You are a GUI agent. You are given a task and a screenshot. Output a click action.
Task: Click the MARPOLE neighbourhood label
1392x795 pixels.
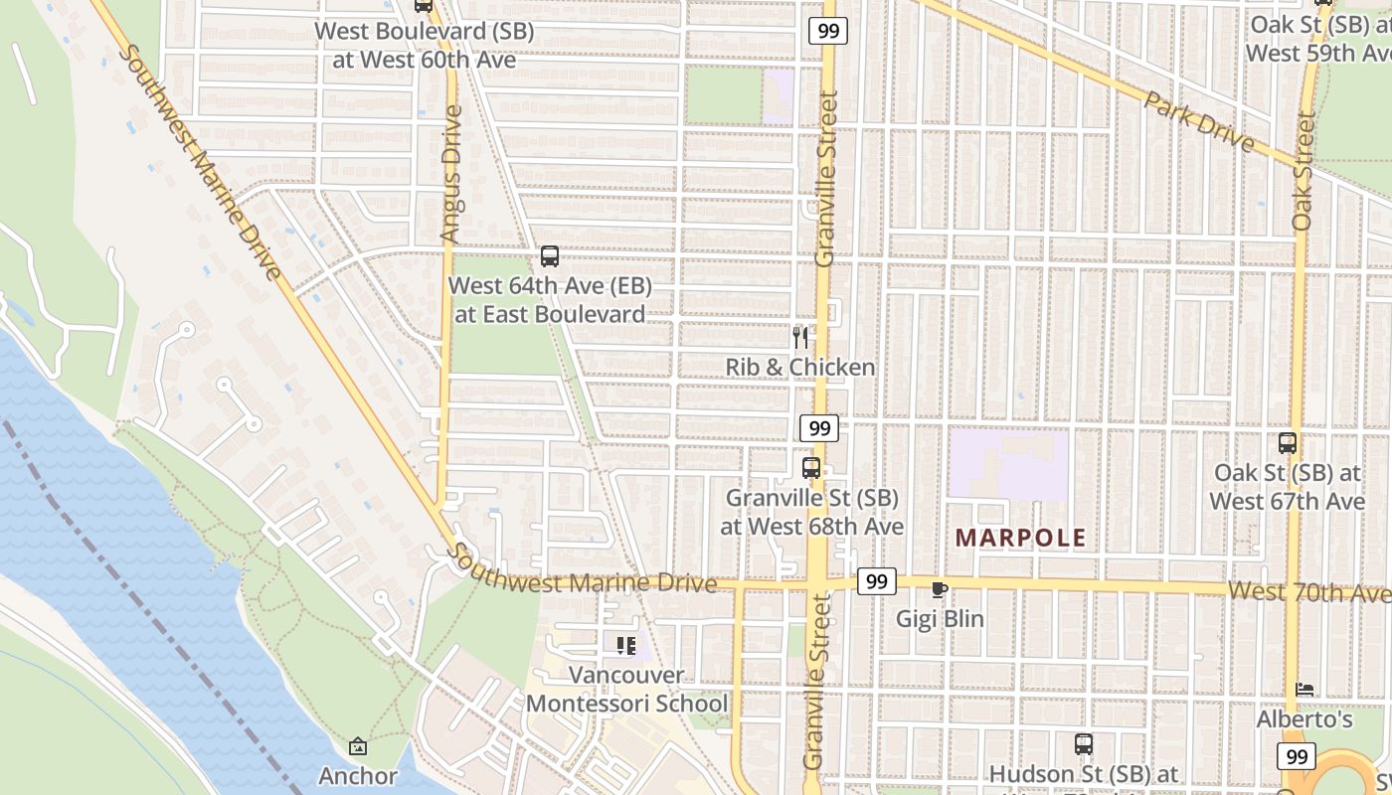[x=1020, y=539]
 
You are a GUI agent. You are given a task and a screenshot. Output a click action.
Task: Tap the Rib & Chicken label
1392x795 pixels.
[x=799, y=368]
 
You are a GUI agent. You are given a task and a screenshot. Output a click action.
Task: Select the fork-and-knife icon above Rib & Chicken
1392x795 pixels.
[x=799, y=337]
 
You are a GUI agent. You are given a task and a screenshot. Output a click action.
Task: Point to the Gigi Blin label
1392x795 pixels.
[x=940, y=619]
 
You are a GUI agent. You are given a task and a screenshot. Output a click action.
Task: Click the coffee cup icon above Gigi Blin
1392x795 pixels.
[x=939, y=589]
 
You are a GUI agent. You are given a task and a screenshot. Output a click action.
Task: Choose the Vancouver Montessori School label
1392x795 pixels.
[x=626, y=690]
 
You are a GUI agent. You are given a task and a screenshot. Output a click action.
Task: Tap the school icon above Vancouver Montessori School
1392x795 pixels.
[x=626, y=646]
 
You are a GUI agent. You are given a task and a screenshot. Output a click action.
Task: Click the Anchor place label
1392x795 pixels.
[x=358, y=776]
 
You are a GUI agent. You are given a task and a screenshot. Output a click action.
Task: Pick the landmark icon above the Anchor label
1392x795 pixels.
[x=358, y=746]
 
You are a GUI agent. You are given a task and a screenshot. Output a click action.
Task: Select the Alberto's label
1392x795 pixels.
[x=1318, y=718]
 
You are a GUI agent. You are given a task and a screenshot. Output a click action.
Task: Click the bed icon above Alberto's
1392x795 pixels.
[x=1305, y=689]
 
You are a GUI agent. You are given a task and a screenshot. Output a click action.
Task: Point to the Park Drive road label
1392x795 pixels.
[x=1198, y=120]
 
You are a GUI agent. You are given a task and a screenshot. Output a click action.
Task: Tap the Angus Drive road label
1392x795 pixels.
[x=451, y=174]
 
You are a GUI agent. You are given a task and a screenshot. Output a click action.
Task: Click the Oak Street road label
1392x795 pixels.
[x=1303, y=171]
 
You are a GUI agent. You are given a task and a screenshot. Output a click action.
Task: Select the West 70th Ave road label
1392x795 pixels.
[x=1308, y=592]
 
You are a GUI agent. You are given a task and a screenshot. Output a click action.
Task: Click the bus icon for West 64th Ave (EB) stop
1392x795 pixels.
[x=550, y=256]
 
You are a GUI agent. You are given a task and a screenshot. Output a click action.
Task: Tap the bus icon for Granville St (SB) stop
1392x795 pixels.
[x=811, y=467]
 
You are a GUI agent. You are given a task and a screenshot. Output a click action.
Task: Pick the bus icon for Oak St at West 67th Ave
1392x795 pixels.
[x=1288, y=443]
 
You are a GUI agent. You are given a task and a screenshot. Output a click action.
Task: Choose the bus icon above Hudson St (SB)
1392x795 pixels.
[x=1084, y=743]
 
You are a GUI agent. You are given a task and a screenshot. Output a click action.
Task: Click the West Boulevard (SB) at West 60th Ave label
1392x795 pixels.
[x=425, y=46]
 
